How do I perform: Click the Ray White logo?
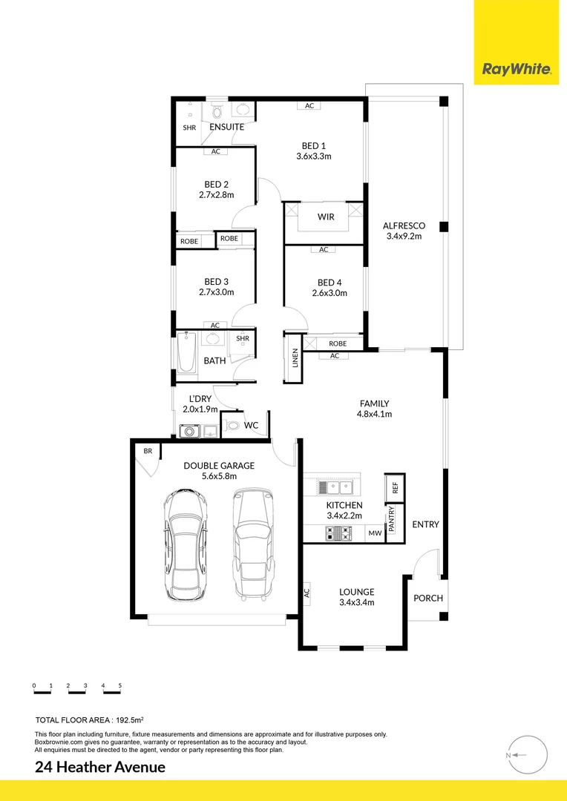point(517,70)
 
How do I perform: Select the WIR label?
point(325,217)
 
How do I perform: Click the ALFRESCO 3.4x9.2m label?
point(403,231)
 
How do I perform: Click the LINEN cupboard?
point(294,358)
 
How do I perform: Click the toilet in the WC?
point(232,426)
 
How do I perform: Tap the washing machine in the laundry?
point(189,430)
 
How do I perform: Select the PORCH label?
point(427,599)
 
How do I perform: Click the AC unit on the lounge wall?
point(306,593)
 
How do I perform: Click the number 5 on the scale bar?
point(119,686)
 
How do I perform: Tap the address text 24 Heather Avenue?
point(100,767)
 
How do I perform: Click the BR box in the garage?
point(148,451)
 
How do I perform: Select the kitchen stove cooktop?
point(338,533)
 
